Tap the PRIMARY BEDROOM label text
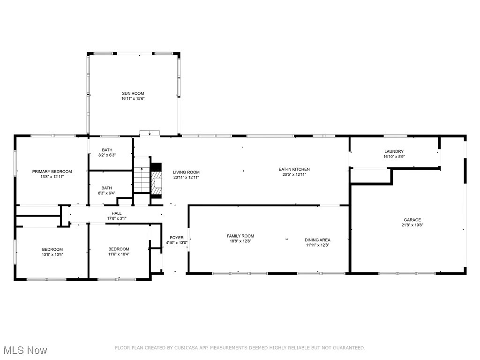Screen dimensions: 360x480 [52, 172]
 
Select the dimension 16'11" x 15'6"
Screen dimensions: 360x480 [133, 99]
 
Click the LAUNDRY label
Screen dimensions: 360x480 [394, 151]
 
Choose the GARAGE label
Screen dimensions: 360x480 [412, 220]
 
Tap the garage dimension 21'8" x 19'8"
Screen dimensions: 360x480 [412, 225]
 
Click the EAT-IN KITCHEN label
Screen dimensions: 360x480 [294, 169]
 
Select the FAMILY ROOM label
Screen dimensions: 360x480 [240, 236]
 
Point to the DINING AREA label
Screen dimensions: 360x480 [317, 240]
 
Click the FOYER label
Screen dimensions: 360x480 [177, 238]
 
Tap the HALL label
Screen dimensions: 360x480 [116, 213]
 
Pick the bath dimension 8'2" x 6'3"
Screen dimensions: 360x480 [107, 155]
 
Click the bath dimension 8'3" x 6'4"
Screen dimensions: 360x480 [107, 193]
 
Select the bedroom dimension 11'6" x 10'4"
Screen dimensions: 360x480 [119, 254]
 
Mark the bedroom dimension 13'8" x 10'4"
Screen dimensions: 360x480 [52, 254]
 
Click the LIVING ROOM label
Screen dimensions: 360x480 [186, 172]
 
